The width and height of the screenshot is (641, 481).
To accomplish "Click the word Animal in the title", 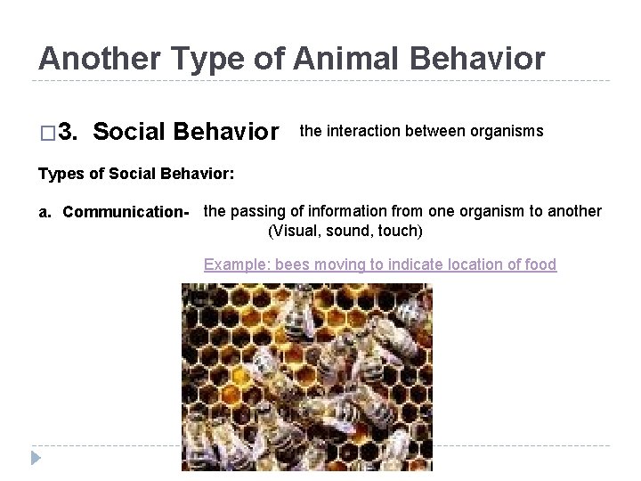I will click(331, 59).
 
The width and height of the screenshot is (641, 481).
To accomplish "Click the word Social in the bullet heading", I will click(132, 133).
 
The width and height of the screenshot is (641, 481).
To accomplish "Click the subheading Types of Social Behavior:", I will click(136, 173).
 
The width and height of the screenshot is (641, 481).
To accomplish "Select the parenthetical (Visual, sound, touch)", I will click(345, 232).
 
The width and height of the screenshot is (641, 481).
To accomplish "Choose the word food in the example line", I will click(540, 265).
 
